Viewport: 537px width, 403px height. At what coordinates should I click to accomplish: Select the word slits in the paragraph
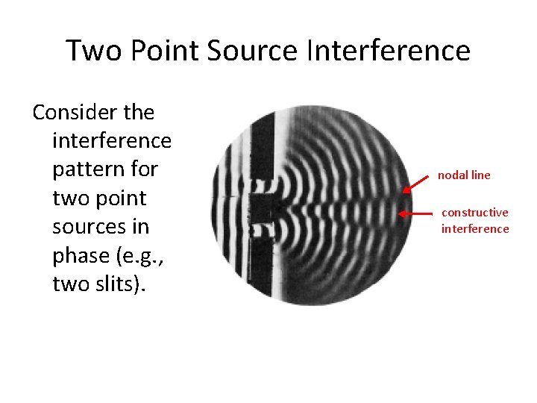pyautogui.click(x=116, y=284)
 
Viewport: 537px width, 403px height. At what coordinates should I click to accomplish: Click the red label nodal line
pyautogui.click(x=464, y=175)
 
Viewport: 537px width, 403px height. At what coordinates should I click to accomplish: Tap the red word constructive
pyautogui.click(x=475, y=213)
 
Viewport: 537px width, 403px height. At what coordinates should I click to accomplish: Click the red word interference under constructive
pyautogui.click(x=475, y=228)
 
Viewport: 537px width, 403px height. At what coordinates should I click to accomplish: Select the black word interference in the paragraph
pyautogui.click(x=112, y=141)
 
